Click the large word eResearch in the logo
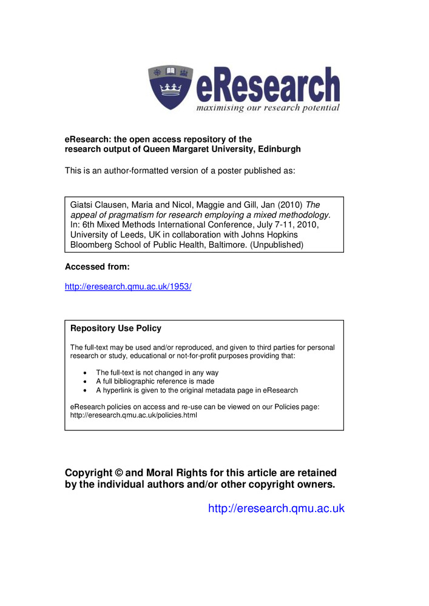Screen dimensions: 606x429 pyautogui.click(x=267, y=86)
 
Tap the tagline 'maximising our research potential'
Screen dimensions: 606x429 pyautogui.click(x=267, y=108)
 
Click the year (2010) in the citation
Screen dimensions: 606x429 pyautogui.click(x=290, y=205)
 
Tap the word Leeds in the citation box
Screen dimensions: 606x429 pyautogui.click(x=135, y=235)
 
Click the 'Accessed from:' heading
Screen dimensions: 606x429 pyautogui.click(x=97, y=267)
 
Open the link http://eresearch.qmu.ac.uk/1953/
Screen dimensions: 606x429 pyautogui.click(x=128, y=286)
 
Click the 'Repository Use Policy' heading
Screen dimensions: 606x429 pyautogui.click(x=116, y=328)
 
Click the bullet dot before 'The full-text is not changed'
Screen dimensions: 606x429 pyautogui.click(x=84, y=373)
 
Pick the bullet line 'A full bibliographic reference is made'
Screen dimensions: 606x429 pyautogui.click(x=155, y=382)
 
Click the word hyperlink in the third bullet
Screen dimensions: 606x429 pyautogui.click(x=118, y=390)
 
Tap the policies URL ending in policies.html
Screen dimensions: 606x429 pyautogui.click(x=133, y=416)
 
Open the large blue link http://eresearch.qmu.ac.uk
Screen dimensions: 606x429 pyautogui.click(x=276, y=508)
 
